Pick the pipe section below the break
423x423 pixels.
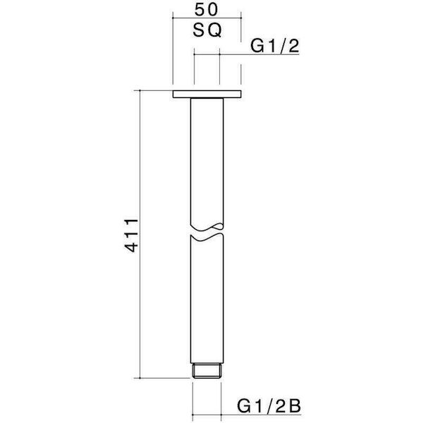pos(207,310)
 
